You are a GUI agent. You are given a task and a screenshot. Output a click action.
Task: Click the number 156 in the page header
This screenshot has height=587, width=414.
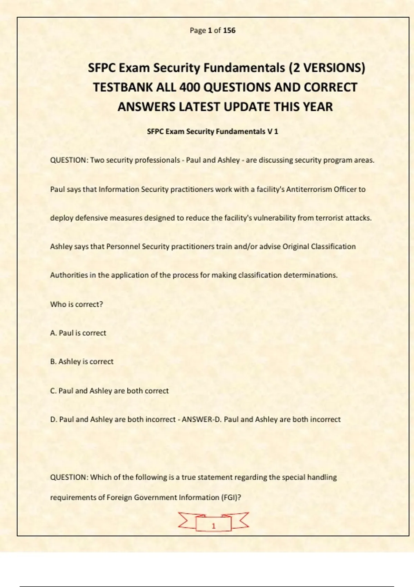coord(229,30)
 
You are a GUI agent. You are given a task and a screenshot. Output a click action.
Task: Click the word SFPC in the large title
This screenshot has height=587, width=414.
coord(102,68)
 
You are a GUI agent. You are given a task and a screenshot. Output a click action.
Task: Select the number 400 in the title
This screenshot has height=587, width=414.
coord(189,87)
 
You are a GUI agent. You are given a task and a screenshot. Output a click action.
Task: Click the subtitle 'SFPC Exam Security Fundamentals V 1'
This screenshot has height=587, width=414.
coord(213,132)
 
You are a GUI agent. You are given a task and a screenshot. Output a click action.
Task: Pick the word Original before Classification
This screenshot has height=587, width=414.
coord(296,247)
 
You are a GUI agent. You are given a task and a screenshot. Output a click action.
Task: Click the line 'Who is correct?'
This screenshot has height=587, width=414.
coord(77,304)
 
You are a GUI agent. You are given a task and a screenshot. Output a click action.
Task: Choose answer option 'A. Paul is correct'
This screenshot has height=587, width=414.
coord(78,333)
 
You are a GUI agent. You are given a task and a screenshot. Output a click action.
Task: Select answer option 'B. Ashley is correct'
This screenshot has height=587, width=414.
coord(82,362)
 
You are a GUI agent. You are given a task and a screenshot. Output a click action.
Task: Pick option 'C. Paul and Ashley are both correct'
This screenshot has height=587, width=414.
coord(109,391)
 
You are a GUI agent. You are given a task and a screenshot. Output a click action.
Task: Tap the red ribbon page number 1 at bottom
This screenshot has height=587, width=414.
coord(213,526)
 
